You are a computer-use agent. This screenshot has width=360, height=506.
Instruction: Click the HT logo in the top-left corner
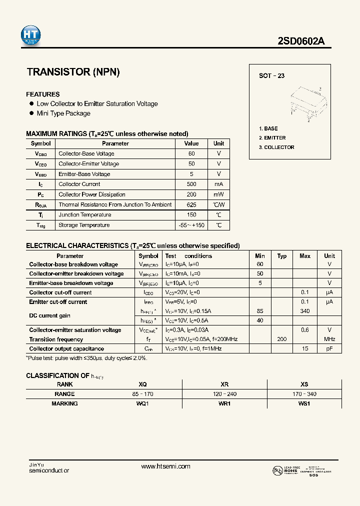coord(30,34)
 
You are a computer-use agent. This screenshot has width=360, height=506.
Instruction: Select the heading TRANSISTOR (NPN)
coord(73,72)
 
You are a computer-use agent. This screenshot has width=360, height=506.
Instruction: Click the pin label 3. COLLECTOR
coord(276,147)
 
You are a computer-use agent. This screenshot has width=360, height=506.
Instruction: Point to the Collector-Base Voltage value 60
coord(191,153)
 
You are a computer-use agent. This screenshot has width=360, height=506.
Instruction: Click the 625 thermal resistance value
coord(191,204)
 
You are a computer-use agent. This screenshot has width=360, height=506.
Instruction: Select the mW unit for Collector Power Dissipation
coord(218,194)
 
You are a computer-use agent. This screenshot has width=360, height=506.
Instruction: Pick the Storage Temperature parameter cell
coord(84,225)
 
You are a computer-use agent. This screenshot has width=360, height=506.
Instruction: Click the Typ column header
coord(282,255)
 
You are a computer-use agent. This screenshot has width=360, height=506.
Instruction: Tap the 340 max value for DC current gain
coord(304,311)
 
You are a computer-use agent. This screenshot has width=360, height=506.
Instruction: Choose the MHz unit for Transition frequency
coord(329,339)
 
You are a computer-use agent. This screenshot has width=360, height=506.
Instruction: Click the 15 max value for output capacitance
coord(304,348)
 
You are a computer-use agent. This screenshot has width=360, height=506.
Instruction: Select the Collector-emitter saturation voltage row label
coord(75,330)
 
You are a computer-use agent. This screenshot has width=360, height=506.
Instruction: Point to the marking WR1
coord(224,403)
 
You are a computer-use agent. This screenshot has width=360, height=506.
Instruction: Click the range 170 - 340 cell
coord(304,394)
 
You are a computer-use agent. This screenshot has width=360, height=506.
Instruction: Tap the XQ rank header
coord(142,384)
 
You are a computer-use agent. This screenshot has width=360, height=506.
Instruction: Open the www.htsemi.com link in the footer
coord(165,466)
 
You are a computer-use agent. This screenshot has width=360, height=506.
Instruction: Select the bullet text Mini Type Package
coord(63,113)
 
